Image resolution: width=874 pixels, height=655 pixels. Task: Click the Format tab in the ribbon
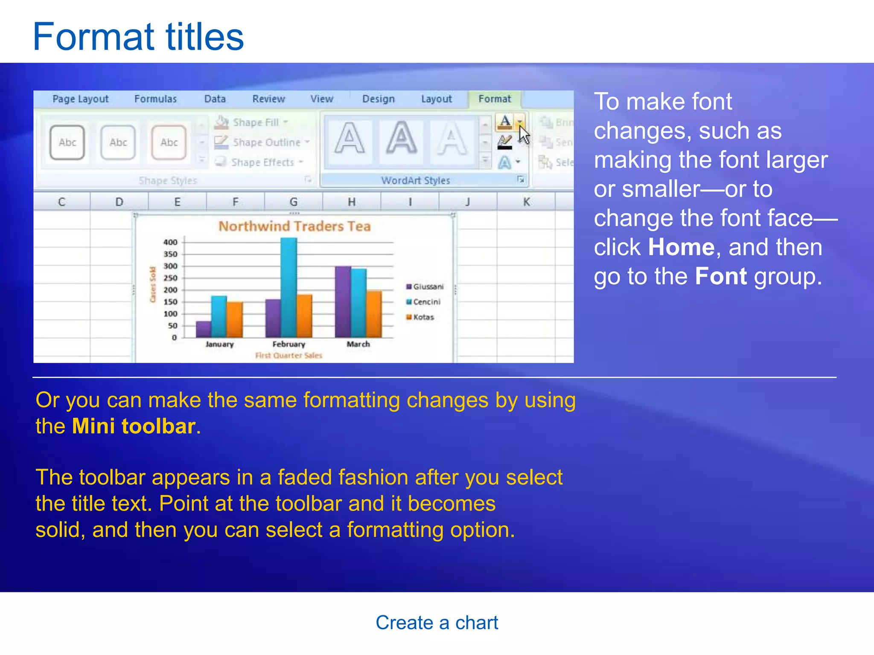(494, 99)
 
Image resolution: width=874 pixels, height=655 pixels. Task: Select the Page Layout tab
(80, 99)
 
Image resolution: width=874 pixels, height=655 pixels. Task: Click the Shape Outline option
(266, 142)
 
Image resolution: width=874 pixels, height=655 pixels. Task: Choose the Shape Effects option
(262, 162)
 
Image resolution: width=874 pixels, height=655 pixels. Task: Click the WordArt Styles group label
(415, 180)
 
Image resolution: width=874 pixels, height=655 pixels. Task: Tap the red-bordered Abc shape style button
(169, 142)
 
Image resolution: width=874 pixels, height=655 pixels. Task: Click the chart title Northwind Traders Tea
(294, 226)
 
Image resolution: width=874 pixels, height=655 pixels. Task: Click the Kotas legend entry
(423, 317)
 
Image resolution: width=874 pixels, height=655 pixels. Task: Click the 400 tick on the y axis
(170, 242)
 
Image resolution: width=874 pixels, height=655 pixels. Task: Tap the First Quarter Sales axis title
(288, 355)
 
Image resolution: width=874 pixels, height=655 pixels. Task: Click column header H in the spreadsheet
(351, 202)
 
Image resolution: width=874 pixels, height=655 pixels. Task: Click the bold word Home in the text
(681, 247)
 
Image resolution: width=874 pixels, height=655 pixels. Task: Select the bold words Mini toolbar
(134, 426)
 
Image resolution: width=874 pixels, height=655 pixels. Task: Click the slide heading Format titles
(138, 37)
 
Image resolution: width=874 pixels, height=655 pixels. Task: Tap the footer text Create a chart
(437, 623)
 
